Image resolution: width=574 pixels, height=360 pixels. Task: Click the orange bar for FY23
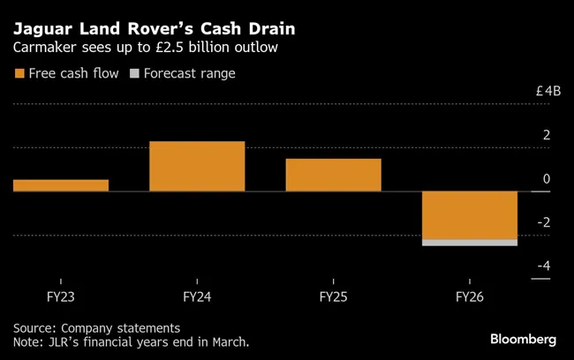[x=61, y=185]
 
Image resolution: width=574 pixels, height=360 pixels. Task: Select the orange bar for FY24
[x=197, y=166]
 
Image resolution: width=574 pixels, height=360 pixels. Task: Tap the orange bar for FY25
[x=333, y=175]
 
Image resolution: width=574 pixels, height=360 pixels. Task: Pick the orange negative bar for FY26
[x=470, y=214]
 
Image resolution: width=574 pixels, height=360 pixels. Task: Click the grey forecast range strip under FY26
[x=470, y=243]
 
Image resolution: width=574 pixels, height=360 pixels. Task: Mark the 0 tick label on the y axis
[x=547, y=179]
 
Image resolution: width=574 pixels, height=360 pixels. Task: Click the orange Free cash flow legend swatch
[x=19, y=74]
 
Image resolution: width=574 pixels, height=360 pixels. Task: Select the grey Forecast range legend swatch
[x=135, y=74]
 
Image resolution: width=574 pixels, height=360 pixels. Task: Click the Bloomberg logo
[x=524, y=339]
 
